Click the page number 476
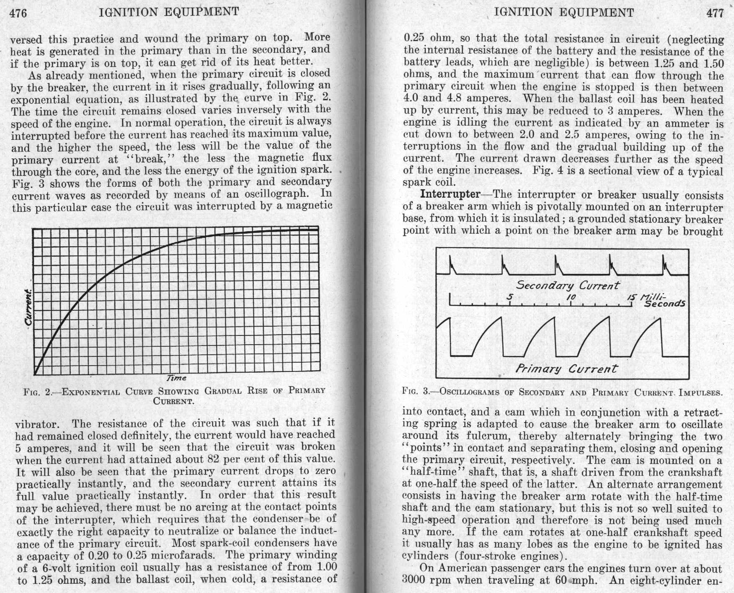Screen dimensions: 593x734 [18, 13]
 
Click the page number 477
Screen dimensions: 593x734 [715, 13]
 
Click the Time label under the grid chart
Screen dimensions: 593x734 [176, 378]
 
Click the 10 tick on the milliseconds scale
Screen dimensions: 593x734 [571, 297]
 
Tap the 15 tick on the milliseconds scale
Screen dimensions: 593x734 [631, 297]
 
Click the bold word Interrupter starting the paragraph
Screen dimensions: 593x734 [450, 194]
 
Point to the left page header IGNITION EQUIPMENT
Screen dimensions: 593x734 [169, 12]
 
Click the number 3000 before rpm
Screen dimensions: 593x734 [416, 580]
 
